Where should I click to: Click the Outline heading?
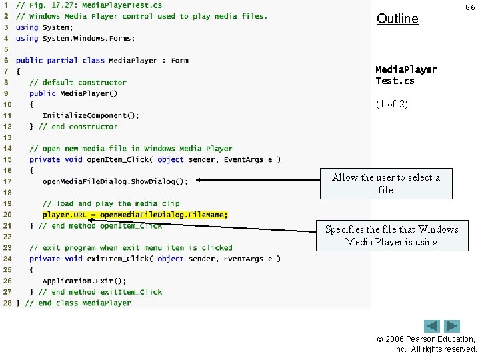pyautogui.click(x=397, y=19)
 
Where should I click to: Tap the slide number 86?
pyautogui.click(x=470, y=7)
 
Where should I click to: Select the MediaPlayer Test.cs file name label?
pyautogui.click(x=406, y=75)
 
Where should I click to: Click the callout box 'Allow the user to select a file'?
pyautogui.click(x=386, y=183)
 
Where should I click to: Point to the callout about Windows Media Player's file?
pyautogui.click(x=391, y=235)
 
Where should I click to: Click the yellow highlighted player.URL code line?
pyautogui.click(x=135, y=215)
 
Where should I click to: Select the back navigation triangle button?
pyautogui.click(x=432, y=326)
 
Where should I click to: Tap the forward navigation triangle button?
pyautogui.click(x=453, y=326)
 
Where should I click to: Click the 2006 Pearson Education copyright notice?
pyautogui.click(x=435, y=344)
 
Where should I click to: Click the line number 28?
pyautogui.click(x=7, y=303)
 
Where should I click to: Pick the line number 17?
pyautogui.click(x=7, y=181)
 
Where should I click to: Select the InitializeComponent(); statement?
pyautogui.click(x=91, y=115)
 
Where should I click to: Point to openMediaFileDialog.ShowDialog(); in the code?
pyautogui.click(x=115, y=181)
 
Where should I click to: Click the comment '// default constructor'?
pyautogui.click(x=77, y=83)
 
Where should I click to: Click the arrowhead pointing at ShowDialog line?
pyautogui.click(x=199, y=180)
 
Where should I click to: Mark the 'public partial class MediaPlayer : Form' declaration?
pyautogui.click(x=102, y=61)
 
